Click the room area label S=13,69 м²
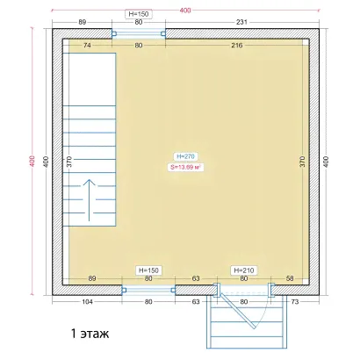(185, 168)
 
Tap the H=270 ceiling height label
(185, 156)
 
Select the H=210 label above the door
(244, 270)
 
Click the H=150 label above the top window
(139, 14)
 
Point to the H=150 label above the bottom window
(148, 270)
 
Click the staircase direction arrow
(90, 200)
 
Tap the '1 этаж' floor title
(90, 334)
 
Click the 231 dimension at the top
(241, 22)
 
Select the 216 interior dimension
(237, 45)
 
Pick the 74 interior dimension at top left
(87, 45)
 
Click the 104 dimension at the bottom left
(87, 301)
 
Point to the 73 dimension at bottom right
(295, 301)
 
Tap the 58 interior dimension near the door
(290, 278)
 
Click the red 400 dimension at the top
(185, 11)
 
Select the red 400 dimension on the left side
(32, 161)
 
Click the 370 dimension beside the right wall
(303, 162)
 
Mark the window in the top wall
(139, 33)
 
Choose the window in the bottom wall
(148, 290)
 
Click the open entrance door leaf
(238, 311)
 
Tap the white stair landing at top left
(90, 79)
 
